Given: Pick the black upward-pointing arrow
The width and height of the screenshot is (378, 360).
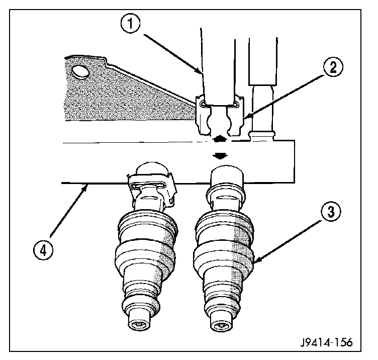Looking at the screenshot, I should click(219, 137).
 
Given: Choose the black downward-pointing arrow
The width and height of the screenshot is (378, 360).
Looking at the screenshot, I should click(219, 156).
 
